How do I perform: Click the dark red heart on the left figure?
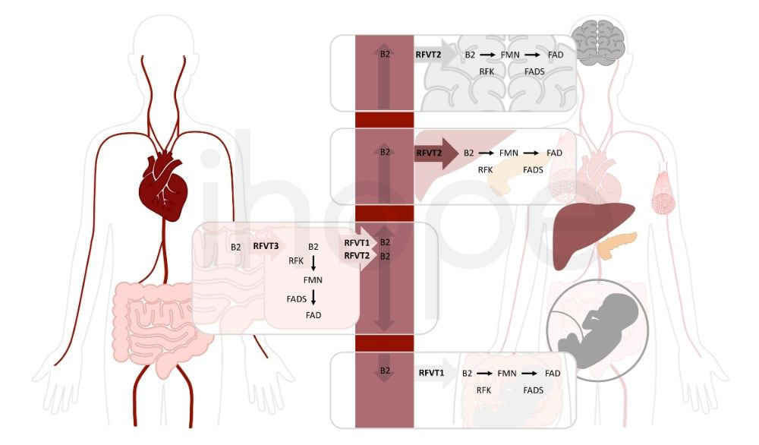coord(164,186)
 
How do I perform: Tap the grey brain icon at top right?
coord(598,43)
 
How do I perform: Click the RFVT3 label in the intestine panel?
coord(266,246)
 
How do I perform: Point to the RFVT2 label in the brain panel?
coord(428,55)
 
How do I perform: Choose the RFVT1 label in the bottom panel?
coord(431,373)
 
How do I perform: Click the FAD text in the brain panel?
coord(556,55)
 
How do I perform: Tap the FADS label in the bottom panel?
coord(534,390)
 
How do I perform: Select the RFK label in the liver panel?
coord(485,170)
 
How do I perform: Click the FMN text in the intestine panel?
coord(313,280)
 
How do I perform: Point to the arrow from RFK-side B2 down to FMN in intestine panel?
coord(313,264)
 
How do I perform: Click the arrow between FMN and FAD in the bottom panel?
coord(529,374)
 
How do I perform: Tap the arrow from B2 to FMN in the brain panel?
coord(487,55)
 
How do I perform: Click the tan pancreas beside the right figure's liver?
coord(617,245)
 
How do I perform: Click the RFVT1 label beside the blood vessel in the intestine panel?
coord(357,242)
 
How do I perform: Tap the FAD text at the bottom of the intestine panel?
coord(313,315)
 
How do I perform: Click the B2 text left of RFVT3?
coord(236,247)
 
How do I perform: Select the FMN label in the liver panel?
coord(509,153)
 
